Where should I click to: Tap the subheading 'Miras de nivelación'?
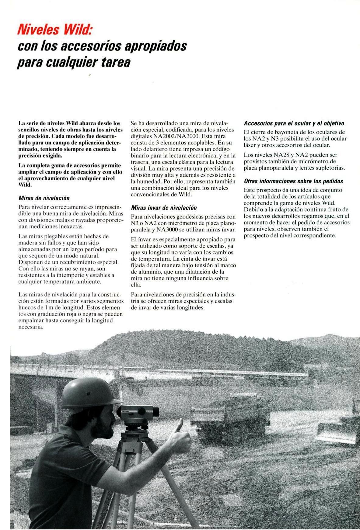(44, 198)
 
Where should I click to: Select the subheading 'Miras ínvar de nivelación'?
(164, 208)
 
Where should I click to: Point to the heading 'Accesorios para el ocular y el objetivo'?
(294, 123)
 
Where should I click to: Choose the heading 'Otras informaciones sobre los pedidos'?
(293, 181)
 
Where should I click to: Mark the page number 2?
(19, 511)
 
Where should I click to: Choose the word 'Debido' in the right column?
(253, 209)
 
